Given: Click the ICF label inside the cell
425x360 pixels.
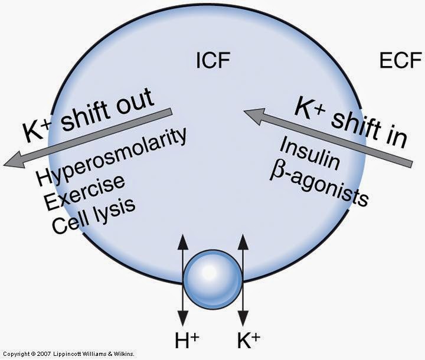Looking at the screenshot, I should [x=212, y=60].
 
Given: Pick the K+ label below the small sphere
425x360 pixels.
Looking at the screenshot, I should [x=246, y=339].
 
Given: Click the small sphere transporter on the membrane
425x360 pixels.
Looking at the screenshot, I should [x=212, y=278].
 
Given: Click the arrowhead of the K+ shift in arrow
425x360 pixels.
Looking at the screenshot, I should [x=251, y=113].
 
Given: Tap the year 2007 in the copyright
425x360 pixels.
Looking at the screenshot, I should [x=42, y=354].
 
